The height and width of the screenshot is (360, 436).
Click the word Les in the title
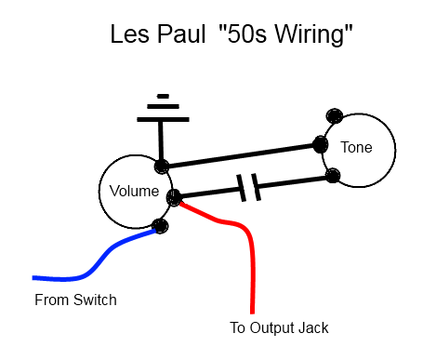click(129, 33)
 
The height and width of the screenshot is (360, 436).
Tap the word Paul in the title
click(181, 33)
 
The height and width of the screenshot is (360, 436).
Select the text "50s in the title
click(243, 33)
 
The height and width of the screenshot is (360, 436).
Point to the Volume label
click(134, 191)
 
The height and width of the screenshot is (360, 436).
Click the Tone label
click(356, 147)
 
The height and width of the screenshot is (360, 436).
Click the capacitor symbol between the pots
click(248, 187)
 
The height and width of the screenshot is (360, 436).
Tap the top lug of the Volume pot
click(162, 167)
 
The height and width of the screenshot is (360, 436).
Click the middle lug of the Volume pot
click(174, 197)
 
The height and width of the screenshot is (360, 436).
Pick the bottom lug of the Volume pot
click(160, 226)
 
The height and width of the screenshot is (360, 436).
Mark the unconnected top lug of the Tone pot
click(335, 116)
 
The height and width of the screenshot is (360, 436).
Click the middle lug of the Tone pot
click(320, 144)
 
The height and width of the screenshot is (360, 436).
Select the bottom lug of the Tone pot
click(333, 176)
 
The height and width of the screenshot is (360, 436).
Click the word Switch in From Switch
click(95, 300)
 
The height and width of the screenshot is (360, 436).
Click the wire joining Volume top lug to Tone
click(241, 155)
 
